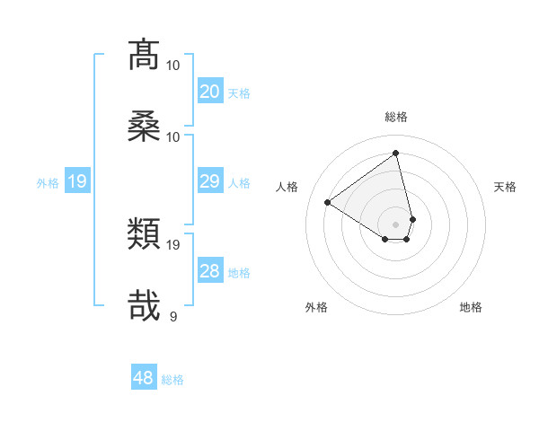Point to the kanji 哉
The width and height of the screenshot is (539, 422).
[x=145, y=304]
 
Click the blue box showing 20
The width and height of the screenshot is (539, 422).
[x=210, y=91]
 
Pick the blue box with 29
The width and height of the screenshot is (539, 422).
[x=210, y=181]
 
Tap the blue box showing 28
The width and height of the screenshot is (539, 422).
[x=210, y=271]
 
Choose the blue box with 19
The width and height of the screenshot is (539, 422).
[x=77, y=182]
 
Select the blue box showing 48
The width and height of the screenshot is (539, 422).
[x=144, y=378]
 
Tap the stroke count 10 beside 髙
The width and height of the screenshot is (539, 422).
[x=173, y=65]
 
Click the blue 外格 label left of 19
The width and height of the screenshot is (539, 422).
[x=48, y=183]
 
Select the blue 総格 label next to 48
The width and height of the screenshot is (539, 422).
[x=172, y=380]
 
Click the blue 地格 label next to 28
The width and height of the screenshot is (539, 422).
[x=239, y=273]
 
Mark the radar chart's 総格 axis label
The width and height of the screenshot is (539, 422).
[x=396, y=117]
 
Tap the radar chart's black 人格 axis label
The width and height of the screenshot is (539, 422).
[x=287, y=187]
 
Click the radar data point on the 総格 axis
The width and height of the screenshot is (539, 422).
[x=396, y=152]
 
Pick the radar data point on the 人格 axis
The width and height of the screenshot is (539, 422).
[x=328, y=203]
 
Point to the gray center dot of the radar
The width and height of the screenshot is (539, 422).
[x=396, y=224]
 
